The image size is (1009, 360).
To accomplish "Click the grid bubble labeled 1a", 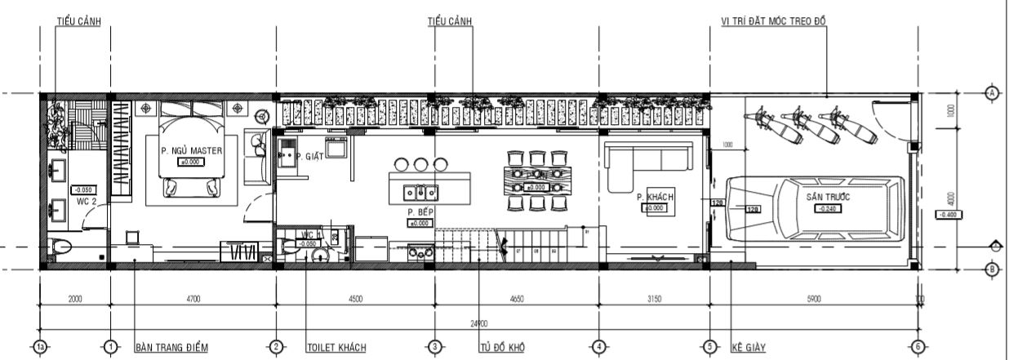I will coord(41,347).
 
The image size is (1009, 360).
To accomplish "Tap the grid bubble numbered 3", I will coord(435,347).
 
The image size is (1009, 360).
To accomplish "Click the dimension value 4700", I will coord(193,300).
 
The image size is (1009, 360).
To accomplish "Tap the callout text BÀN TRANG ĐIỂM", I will coord(171,348).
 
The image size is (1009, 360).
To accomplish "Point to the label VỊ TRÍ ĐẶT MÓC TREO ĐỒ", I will coord(774,21).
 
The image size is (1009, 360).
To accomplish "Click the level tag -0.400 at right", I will coord(949,214).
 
